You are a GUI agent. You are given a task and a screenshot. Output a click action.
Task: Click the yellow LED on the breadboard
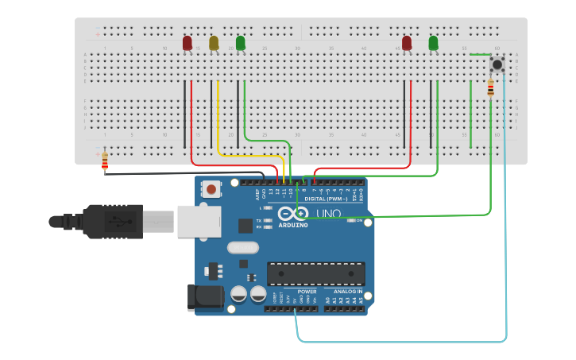[214, 43]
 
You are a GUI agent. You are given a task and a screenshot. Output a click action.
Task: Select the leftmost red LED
[187, 43]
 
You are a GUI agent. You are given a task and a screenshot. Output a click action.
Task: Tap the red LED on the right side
[407, 42]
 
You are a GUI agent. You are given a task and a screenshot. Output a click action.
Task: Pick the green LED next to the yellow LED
[241, 42]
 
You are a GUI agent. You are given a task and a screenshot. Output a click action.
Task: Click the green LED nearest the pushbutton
[433, 42]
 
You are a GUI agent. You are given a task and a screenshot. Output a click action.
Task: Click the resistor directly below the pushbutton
[490, 87]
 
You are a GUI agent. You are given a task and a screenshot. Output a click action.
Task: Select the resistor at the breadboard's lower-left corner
[105, 161]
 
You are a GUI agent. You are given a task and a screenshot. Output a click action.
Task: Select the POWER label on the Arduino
[307, 291]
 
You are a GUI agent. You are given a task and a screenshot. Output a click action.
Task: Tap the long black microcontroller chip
[315, 273]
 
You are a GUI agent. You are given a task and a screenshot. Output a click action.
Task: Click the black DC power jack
[204, 297]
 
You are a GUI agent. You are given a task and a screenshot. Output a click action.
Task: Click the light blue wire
[505, 238]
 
